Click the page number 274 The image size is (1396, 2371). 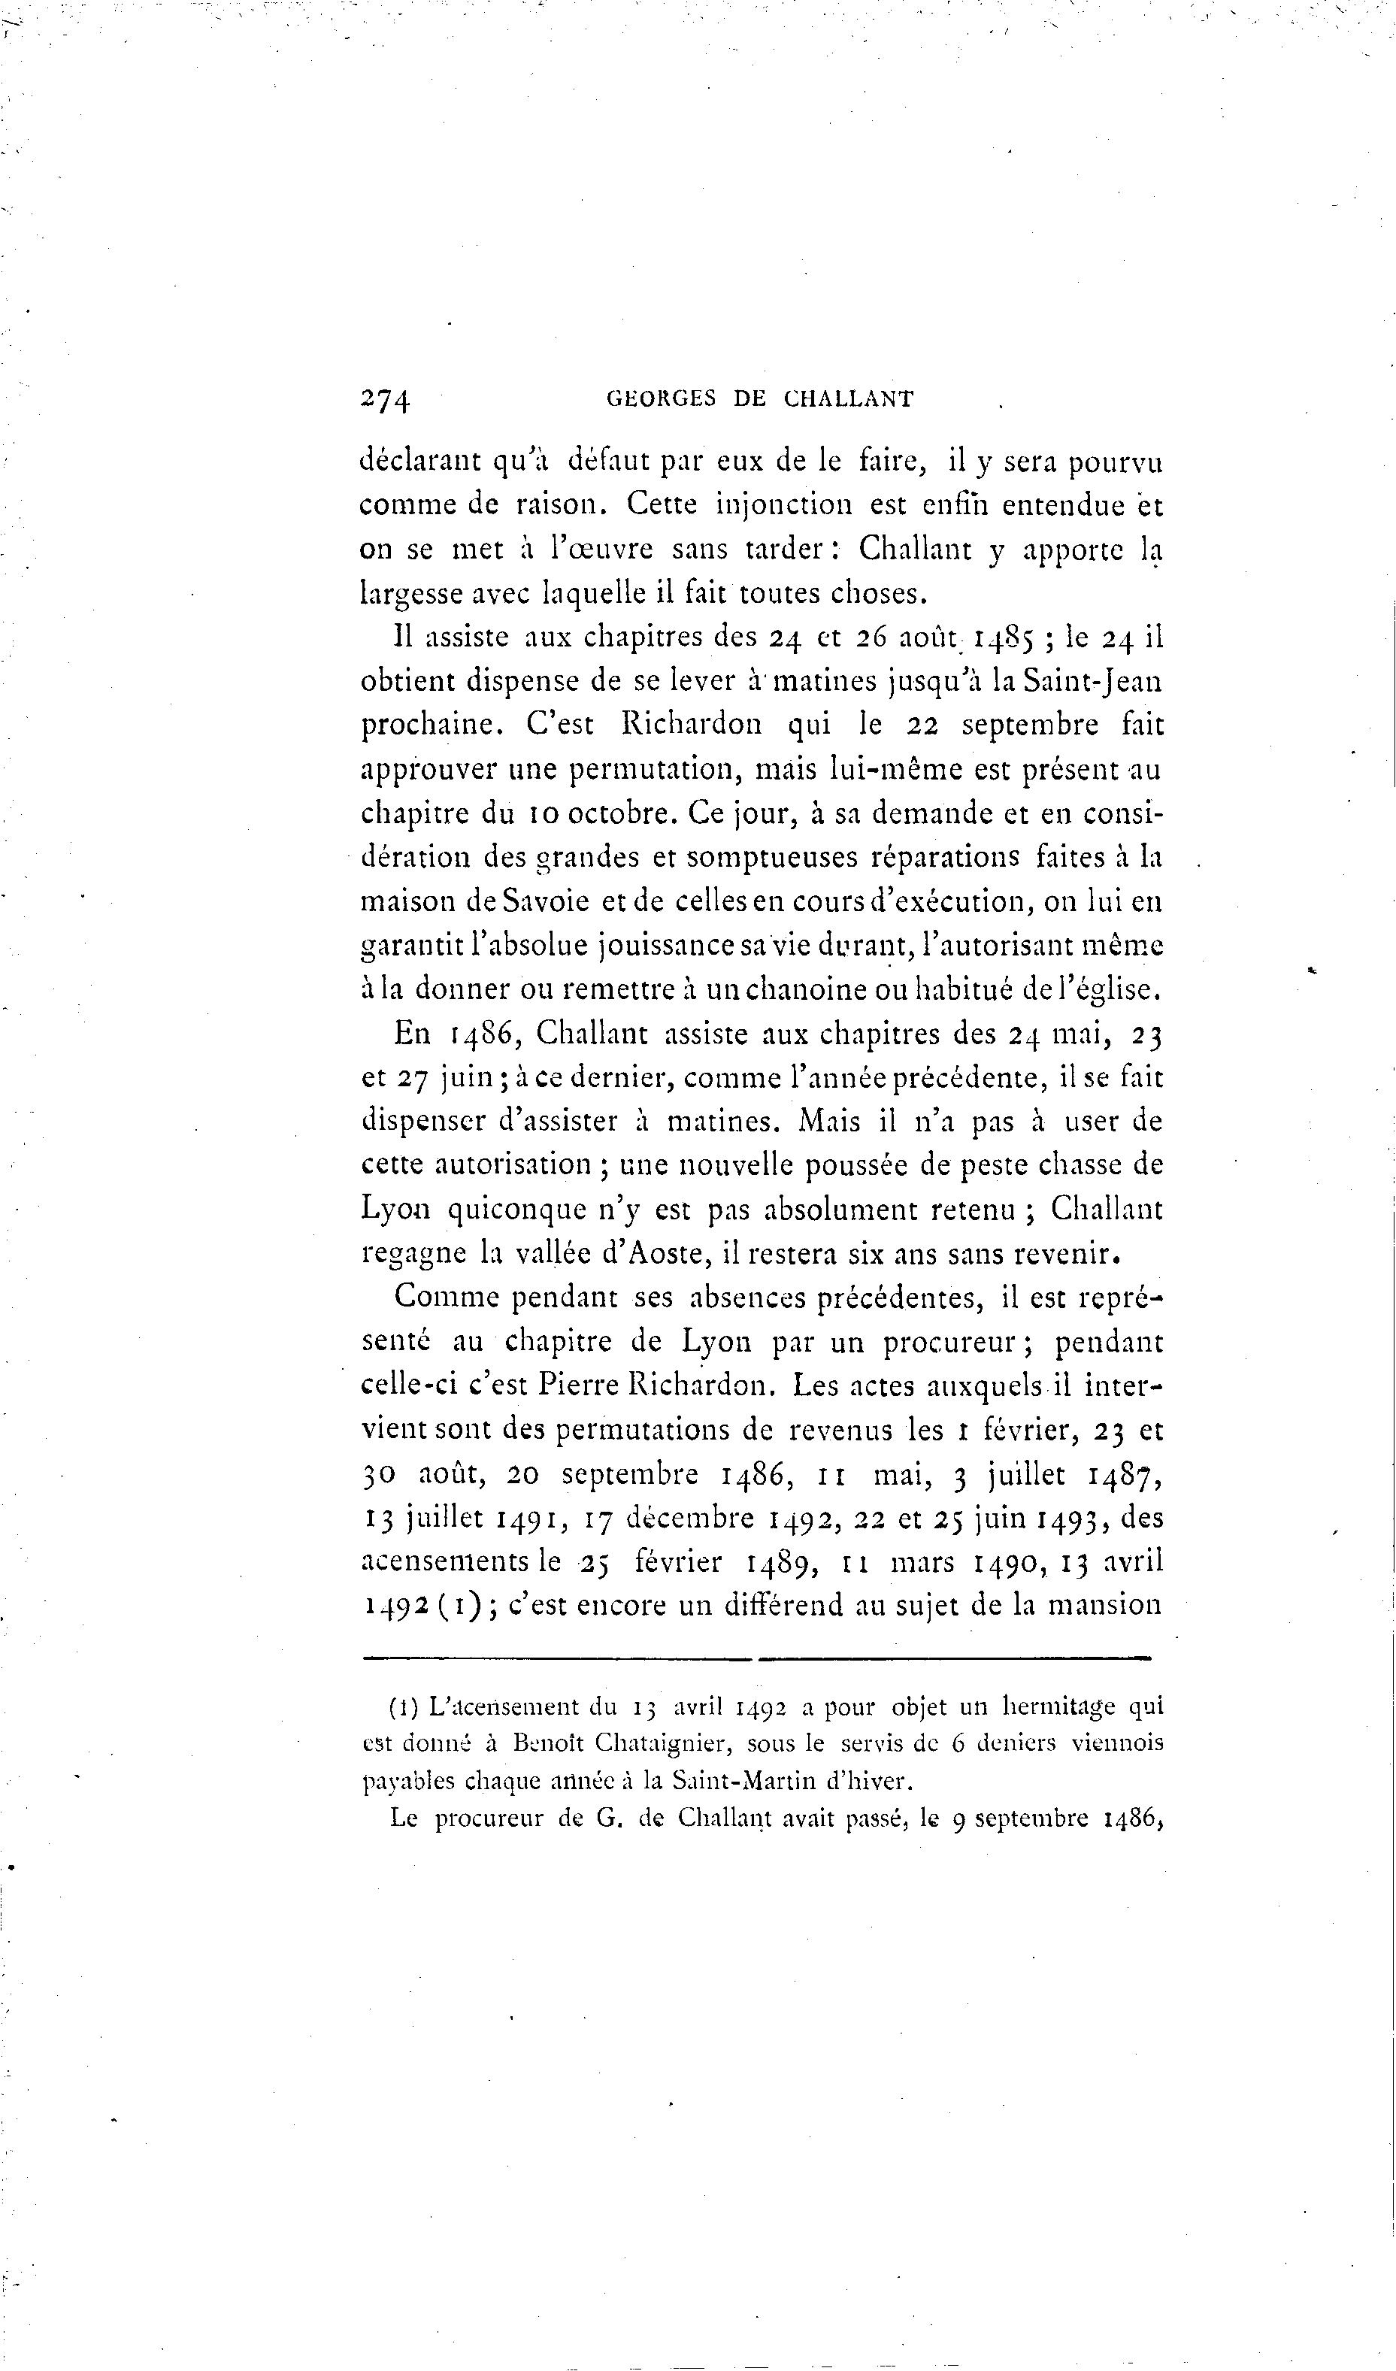386,400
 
